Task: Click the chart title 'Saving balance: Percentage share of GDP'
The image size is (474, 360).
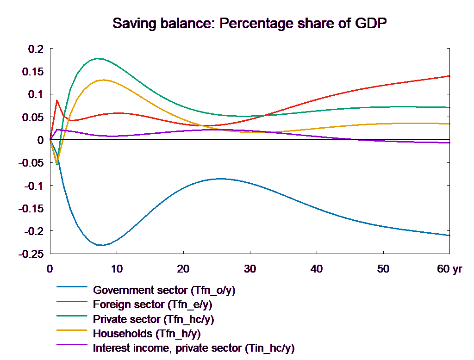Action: coord(249,23)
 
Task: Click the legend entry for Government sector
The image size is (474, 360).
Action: coord(164,291)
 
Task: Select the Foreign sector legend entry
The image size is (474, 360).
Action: coord(153,305)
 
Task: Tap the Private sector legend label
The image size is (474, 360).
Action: coord(153,319)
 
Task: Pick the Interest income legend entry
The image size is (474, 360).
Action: coord(193,348)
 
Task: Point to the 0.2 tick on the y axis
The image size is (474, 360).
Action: coord(36,49)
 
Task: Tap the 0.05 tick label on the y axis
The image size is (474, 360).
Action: coord(33,117)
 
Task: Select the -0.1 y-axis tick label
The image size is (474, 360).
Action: coord(33,186)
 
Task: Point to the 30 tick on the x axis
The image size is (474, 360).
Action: coord(250,269)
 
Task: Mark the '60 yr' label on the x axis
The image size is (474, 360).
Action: coord(449,269)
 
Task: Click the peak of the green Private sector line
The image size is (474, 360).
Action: coord(98,58)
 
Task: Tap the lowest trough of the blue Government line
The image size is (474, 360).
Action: coord(102,245)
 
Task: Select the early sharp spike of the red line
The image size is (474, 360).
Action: coord(57,100)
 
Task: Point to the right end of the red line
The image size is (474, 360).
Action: coord(450,76)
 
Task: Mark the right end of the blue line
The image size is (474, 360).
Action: coord(450,235)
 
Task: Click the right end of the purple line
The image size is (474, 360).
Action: coord(450,143)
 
